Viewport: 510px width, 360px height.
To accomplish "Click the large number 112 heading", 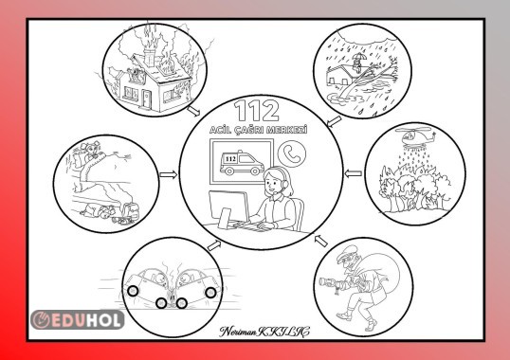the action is [257, 111].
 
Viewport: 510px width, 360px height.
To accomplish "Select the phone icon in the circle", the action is [292, 153].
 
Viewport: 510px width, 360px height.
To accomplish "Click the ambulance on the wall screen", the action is [242, 162].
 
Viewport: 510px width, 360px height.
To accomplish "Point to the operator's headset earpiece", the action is [285, 184].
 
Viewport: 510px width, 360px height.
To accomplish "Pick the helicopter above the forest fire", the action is [415, 137].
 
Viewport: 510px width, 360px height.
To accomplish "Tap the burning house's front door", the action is [146, 99].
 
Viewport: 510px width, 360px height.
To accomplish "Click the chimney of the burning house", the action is [149, 57].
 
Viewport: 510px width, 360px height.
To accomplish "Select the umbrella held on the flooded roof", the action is [359, 56].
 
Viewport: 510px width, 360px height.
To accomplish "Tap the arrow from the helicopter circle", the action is [354, 173].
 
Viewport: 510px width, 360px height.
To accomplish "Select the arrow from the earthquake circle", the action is [169, 175].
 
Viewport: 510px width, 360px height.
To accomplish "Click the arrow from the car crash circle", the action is [214, 245].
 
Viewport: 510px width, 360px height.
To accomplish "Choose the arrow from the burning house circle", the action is [193, 111].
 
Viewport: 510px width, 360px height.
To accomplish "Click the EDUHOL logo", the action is [78, 319].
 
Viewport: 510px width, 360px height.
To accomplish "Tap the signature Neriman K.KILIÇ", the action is [264, 332].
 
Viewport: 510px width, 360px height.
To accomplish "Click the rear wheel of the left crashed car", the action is [133, 291].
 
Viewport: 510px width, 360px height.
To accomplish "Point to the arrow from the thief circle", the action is [321, 241].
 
